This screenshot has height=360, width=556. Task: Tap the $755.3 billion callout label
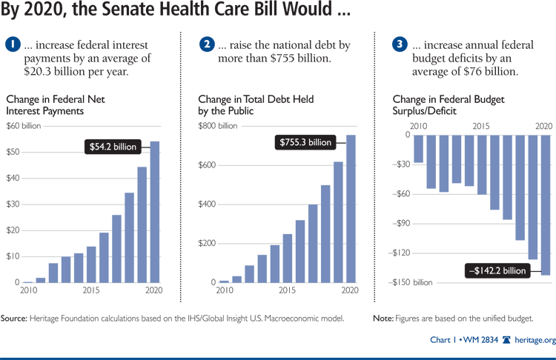pyautogui.click(x=305, y=141)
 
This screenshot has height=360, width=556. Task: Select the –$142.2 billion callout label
pyautogui.click(x=496, y=270)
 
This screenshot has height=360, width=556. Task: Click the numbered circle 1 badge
pyautogui.click(x=13, y=44)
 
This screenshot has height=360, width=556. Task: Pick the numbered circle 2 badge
pyautogui.click(x=206, y=44)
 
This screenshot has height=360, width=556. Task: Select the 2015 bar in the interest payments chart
pyautogui.click(x=91, y=264)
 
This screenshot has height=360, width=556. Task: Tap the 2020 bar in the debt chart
pyautogui.click(x=350, y=209)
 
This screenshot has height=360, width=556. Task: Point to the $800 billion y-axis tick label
pyautogui.click(x=218, y=125)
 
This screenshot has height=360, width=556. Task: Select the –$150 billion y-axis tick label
pyautogui.click(x=412, y=282)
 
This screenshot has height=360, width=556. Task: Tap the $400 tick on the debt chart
pyautogui.click(x=208, y=204)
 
